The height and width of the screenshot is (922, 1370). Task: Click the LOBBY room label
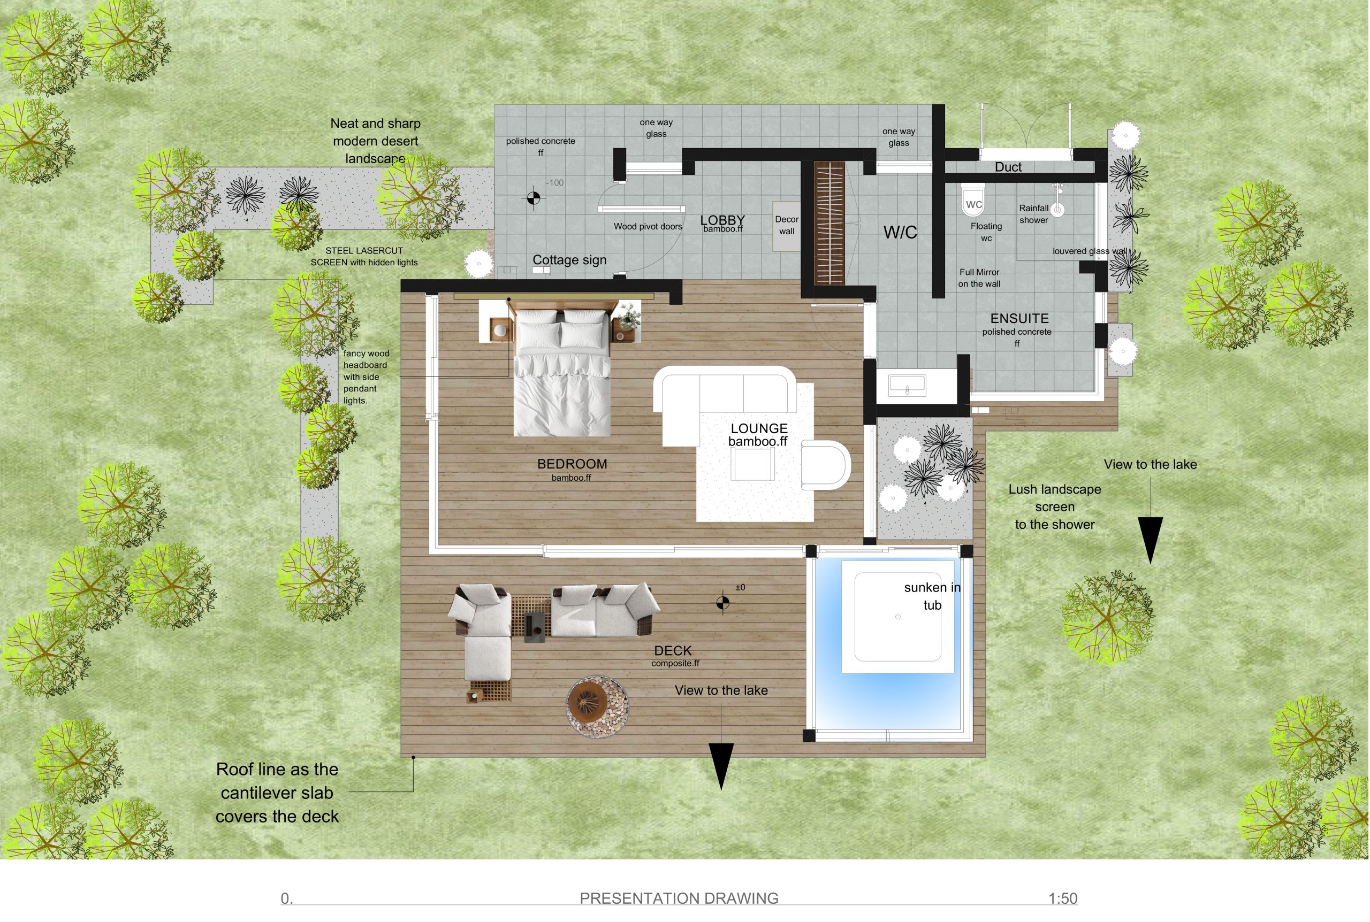(722, 220)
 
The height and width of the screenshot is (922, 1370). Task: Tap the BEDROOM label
(572, 464)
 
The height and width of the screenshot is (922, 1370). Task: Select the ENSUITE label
(1019, 319)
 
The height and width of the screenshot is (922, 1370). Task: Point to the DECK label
(672, 651)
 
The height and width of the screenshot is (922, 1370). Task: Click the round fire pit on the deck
(597, 705)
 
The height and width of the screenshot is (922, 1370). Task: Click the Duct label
(1008, 167)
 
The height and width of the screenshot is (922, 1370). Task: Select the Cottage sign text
(569, 260)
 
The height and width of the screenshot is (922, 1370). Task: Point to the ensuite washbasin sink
(907, 386)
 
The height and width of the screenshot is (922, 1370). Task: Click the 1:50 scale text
(1062, 898)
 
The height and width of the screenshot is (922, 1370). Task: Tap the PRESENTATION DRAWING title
(679, 898)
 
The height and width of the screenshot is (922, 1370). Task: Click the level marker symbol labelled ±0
(723, 603)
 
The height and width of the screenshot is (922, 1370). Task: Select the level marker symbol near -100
(533, 198)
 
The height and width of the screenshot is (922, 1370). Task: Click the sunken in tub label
(932, 596)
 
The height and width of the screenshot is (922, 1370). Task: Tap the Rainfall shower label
(1033, 214)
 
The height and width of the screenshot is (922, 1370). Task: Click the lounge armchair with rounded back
(825, 465)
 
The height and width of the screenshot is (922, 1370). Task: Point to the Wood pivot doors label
(648, 226)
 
